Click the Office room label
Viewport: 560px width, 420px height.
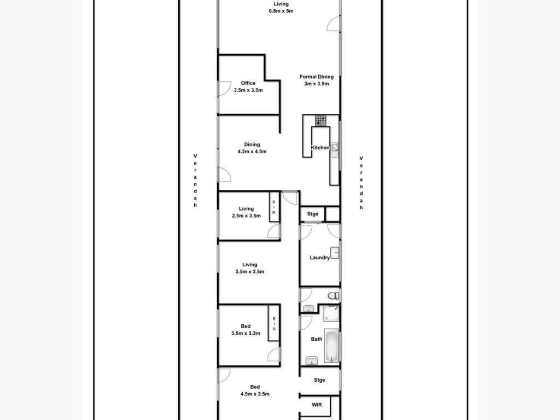click(248, 83)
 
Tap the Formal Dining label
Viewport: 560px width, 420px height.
click(317, 77)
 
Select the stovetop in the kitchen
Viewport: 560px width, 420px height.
click(320, 121)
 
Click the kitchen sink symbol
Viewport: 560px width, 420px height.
click(335, 148)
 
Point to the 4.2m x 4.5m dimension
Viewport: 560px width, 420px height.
click(252, 151)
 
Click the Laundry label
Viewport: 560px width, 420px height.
click(319, 258)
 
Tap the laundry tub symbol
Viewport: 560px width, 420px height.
click(335, 253)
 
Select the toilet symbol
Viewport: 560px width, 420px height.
click(333, 296)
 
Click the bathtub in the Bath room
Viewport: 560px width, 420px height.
click(331, 346)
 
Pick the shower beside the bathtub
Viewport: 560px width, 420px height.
click(331, 313)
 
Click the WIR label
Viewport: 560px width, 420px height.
click(317, 405)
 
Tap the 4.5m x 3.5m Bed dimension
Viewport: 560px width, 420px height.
click(255, 394)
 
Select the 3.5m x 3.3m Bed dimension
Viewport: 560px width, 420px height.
click(246, 334)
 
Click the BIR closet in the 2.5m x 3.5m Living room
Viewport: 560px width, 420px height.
click(274, 207)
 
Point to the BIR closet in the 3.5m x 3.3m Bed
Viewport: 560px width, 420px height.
click(274, 323)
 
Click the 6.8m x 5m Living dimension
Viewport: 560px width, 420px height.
click(281, 11)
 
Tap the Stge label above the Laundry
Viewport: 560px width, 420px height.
click(312, 214)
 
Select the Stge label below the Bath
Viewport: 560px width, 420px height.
click(319, 380)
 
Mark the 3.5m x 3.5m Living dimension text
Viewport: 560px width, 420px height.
click(249, 272)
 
